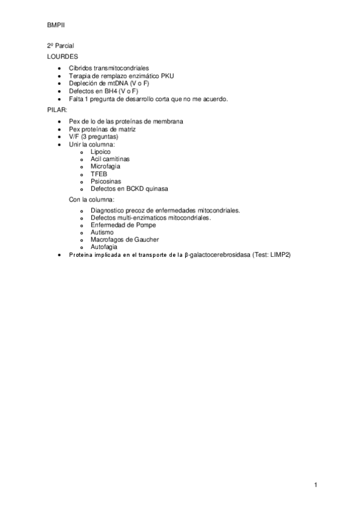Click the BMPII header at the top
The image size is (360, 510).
coord(56,26)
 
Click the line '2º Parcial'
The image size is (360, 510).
coord(61,46)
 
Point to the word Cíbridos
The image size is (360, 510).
coord(81,69)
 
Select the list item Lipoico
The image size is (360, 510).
coord(100,152)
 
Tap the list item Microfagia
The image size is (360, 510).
coord(105,167)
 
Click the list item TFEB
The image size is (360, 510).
coord(99,174)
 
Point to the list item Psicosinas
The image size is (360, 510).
coord(106,181)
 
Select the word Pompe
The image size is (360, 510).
coord(144,225)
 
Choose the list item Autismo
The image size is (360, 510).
coord(102,232)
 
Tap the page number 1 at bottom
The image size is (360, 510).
coord(315,485)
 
